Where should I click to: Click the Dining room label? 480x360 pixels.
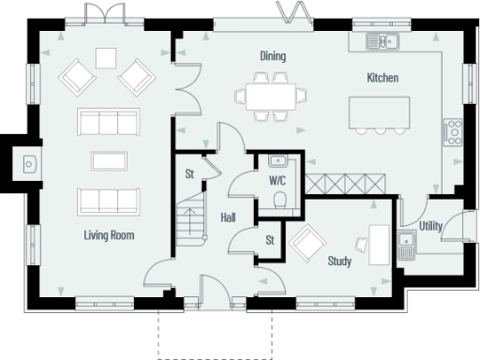(x=273, y=57)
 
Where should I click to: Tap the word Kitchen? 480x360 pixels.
(x=383, y=78)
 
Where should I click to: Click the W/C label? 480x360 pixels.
(x=278, y=179)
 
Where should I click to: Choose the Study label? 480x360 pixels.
(x=339, y=261)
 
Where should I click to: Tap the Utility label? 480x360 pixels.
(x=431, y=226)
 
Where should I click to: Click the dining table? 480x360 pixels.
(x=271, y=96)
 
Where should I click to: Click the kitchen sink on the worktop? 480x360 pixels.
(x=382, y=40)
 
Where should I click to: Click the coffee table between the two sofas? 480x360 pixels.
(x=107, y=160)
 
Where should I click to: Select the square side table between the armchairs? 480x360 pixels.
(x=105, y=57)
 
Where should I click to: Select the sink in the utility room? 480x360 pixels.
(x=407, y=247)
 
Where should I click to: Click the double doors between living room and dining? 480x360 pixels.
(x=186, y=85)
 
